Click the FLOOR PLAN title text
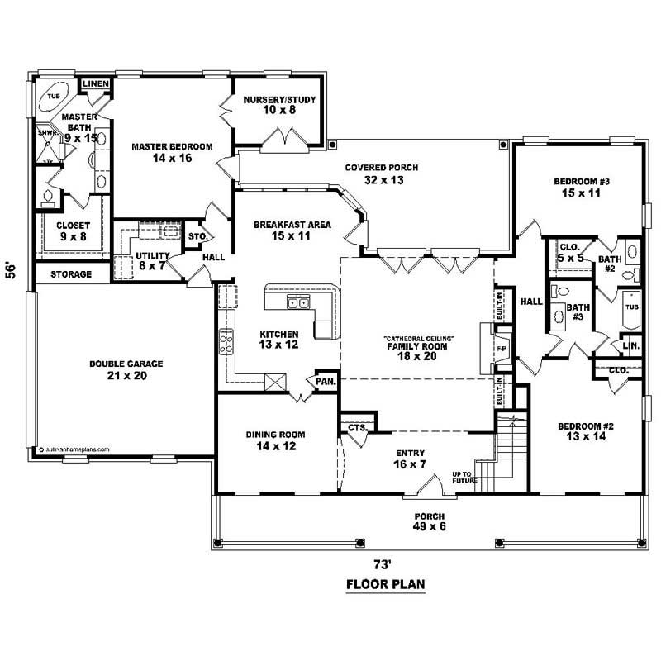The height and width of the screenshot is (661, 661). (x=384, y=585)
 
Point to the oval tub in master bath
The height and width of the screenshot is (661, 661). (x=54, y=97)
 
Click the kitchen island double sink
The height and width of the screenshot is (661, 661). (x=297, y=304)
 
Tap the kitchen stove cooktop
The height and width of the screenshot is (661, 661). (x=226, y=340)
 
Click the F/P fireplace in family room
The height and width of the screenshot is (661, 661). (x=500, y=348)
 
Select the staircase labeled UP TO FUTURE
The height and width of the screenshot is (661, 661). (x=506, y=450)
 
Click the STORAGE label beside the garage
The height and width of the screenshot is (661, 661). (x=70, y=273)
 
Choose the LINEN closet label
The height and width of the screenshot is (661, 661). (x=96, y=83)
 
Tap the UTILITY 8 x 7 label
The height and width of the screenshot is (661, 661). (x=153, y=261)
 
